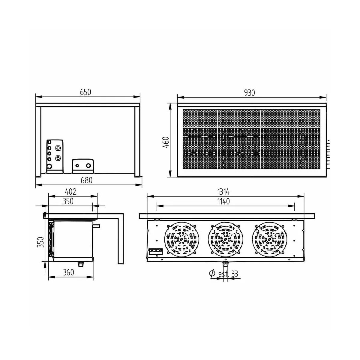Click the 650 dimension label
[85, 92]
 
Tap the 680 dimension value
[86, 180]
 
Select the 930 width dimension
[249, 93]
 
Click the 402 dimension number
[70, 192]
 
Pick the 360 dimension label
[69, 272]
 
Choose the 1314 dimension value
[223, 192]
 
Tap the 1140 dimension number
[223, 201]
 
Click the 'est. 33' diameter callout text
[228, 274]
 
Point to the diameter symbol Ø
[212, 273]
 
